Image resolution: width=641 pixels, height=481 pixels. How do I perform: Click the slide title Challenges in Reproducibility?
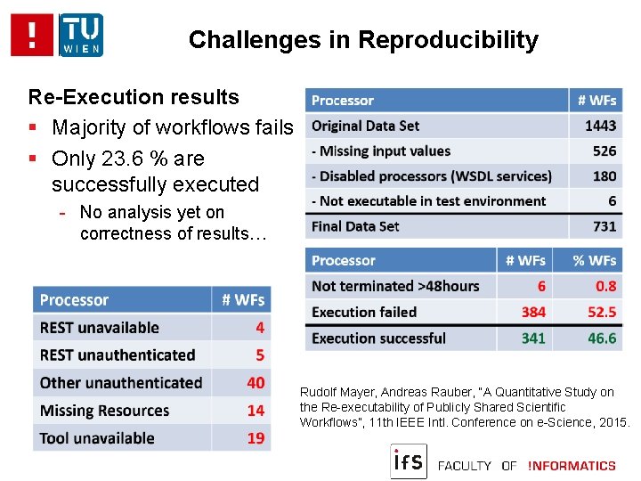pyautogui.click(x=363, y=40)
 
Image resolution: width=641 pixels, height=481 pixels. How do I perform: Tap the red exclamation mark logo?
pyautogui.click(x=32, y=35)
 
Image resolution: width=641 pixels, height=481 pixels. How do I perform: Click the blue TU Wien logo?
pyautogui.click(x=81, y=35)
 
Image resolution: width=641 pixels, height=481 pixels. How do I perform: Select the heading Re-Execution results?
pyautogui.click(x=134, y=97)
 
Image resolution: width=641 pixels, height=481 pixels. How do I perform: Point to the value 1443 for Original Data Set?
pyautogui.click(x=600, y=126)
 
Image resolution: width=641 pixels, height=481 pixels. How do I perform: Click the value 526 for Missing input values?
pyautogui.click(x=604, y=151)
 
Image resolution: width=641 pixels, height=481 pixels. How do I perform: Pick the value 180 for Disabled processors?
pyautogui.click(x=604, y=176)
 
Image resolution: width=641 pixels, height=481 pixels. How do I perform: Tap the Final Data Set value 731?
pyautogui.click(x=604, y=226)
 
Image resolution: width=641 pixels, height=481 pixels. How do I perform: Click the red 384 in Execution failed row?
pyautogui.click(x=533, y=312)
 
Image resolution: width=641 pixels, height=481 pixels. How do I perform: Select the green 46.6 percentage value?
pyautogui.click(x=602, y=338)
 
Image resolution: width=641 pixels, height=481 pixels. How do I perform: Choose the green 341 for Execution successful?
pyautogui.click(x=533, y=338)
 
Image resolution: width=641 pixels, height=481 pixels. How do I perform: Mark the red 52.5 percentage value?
pyautogui.click(x=602, y=312)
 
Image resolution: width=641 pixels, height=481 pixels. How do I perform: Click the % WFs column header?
pyautogui.click(x=594, y=261)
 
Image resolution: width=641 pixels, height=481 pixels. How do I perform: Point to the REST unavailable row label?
pyautogui.click(x=100, y=328)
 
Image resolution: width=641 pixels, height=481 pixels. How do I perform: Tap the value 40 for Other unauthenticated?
pyautogui.click(x=256, y=383)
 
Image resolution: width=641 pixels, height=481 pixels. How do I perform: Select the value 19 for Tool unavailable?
pyautogui.click(x=256, y=438)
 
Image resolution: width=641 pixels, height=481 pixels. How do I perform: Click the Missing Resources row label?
pyautogui.click(x=104, y=411)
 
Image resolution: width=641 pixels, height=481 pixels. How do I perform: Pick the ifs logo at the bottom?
pyautogui.click(x=409, y=461)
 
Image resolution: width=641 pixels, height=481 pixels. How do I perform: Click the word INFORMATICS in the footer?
pyautogui.click(x=571, y=465)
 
